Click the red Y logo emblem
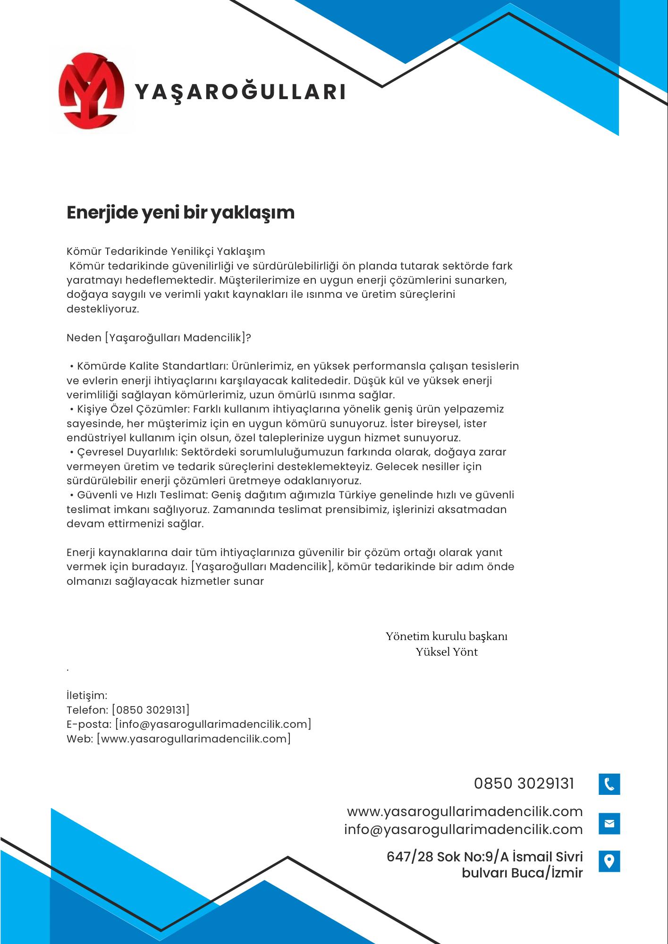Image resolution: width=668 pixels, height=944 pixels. click(91, 91)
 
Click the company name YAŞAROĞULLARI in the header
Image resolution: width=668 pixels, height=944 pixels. click(241, 92)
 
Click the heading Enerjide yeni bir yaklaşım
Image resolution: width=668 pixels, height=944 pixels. click(180, 212)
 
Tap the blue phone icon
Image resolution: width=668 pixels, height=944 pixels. click(609, 784)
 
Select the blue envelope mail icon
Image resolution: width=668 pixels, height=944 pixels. click(609, 824)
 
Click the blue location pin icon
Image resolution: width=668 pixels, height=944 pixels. click(609, 861)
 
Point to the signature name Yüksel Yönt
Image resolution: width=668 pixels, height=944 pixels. click(447, 652)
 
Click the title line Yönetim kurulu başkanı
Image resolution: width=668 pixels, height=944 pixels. click(447, 636)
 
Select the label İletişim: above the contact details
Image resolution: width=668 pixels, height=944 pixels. click(87, 695)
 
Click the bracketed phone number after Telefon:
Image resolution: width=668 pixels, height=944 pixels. click(151, 710)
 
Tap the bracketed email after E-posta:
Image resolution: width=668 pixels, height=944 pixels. click(213, 724)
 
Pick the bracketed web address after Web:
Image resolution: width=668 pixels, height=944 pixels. click(194, 739)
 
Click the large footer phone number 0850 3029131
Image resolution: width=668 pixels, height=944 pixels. click(524, 784)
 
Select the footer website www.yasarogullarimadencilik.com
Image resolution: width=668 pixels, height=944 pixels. click(465, 811)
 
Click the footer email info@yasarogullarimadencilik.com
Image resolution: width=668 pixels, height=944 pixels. click(463, 829)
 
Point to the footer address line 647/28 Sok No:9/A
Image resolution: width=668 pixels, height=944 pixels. click(484, 857)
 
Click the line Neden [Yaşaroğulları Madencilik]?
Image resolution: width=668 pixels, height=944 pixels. click(159, 338)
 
